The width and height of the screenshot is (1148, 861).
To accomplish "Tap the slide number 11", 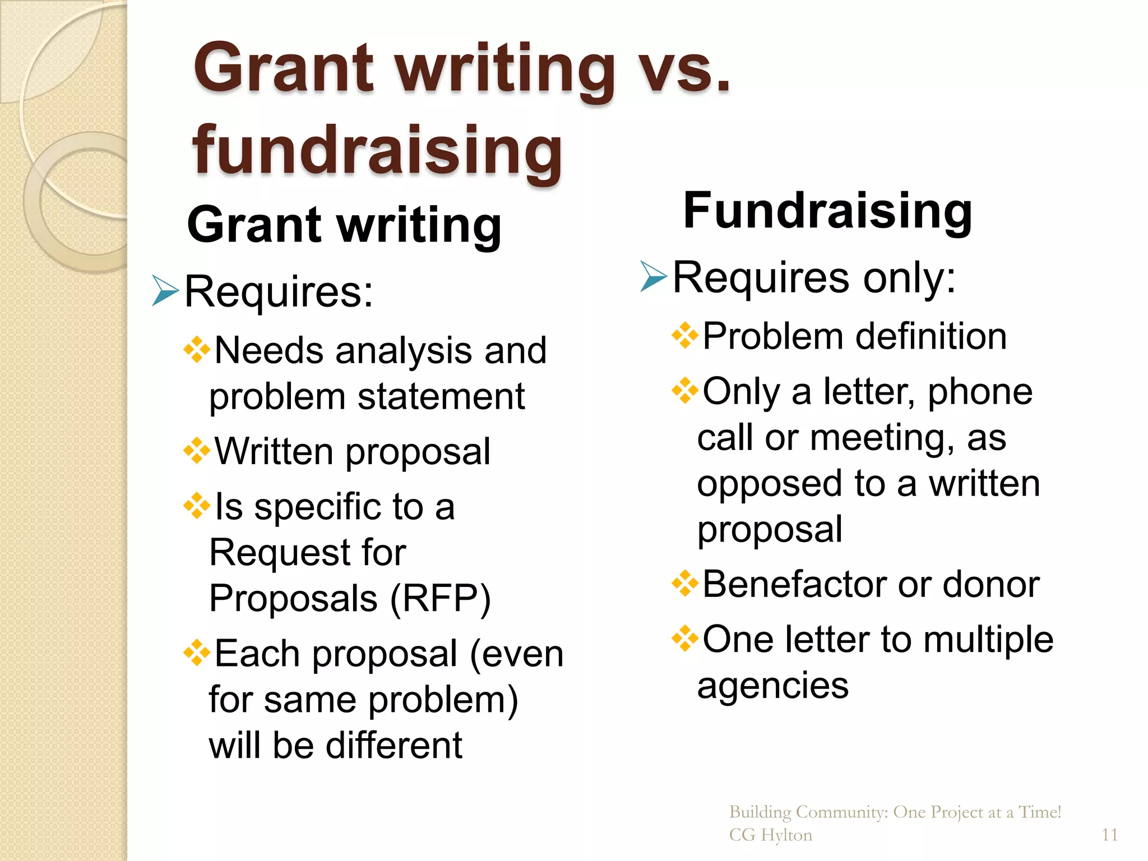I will pos(1109,835).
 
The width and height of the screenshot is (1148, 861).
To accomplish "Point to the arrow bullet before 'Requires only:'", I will pos(653,276).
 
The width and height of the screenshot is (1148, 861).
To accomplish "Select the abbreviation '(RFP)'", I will pos(440,598).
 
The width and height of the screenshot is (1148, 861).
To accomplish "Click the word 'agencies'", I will pos(773,685).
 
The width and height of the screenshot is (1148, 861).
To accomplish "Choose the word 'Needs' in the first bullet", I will pos(269,350).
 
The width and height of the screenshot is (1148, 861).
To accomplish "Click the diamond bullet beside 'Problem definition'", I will pos(684,336).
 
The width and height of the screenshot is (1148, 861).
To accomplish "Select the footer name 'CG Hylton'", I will pos(770,835).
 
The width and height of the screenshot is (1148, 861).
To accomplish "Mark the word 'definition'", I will pos(931,336).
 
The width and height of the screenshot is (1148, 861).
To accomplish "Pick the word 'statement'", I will pos(441,396).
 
